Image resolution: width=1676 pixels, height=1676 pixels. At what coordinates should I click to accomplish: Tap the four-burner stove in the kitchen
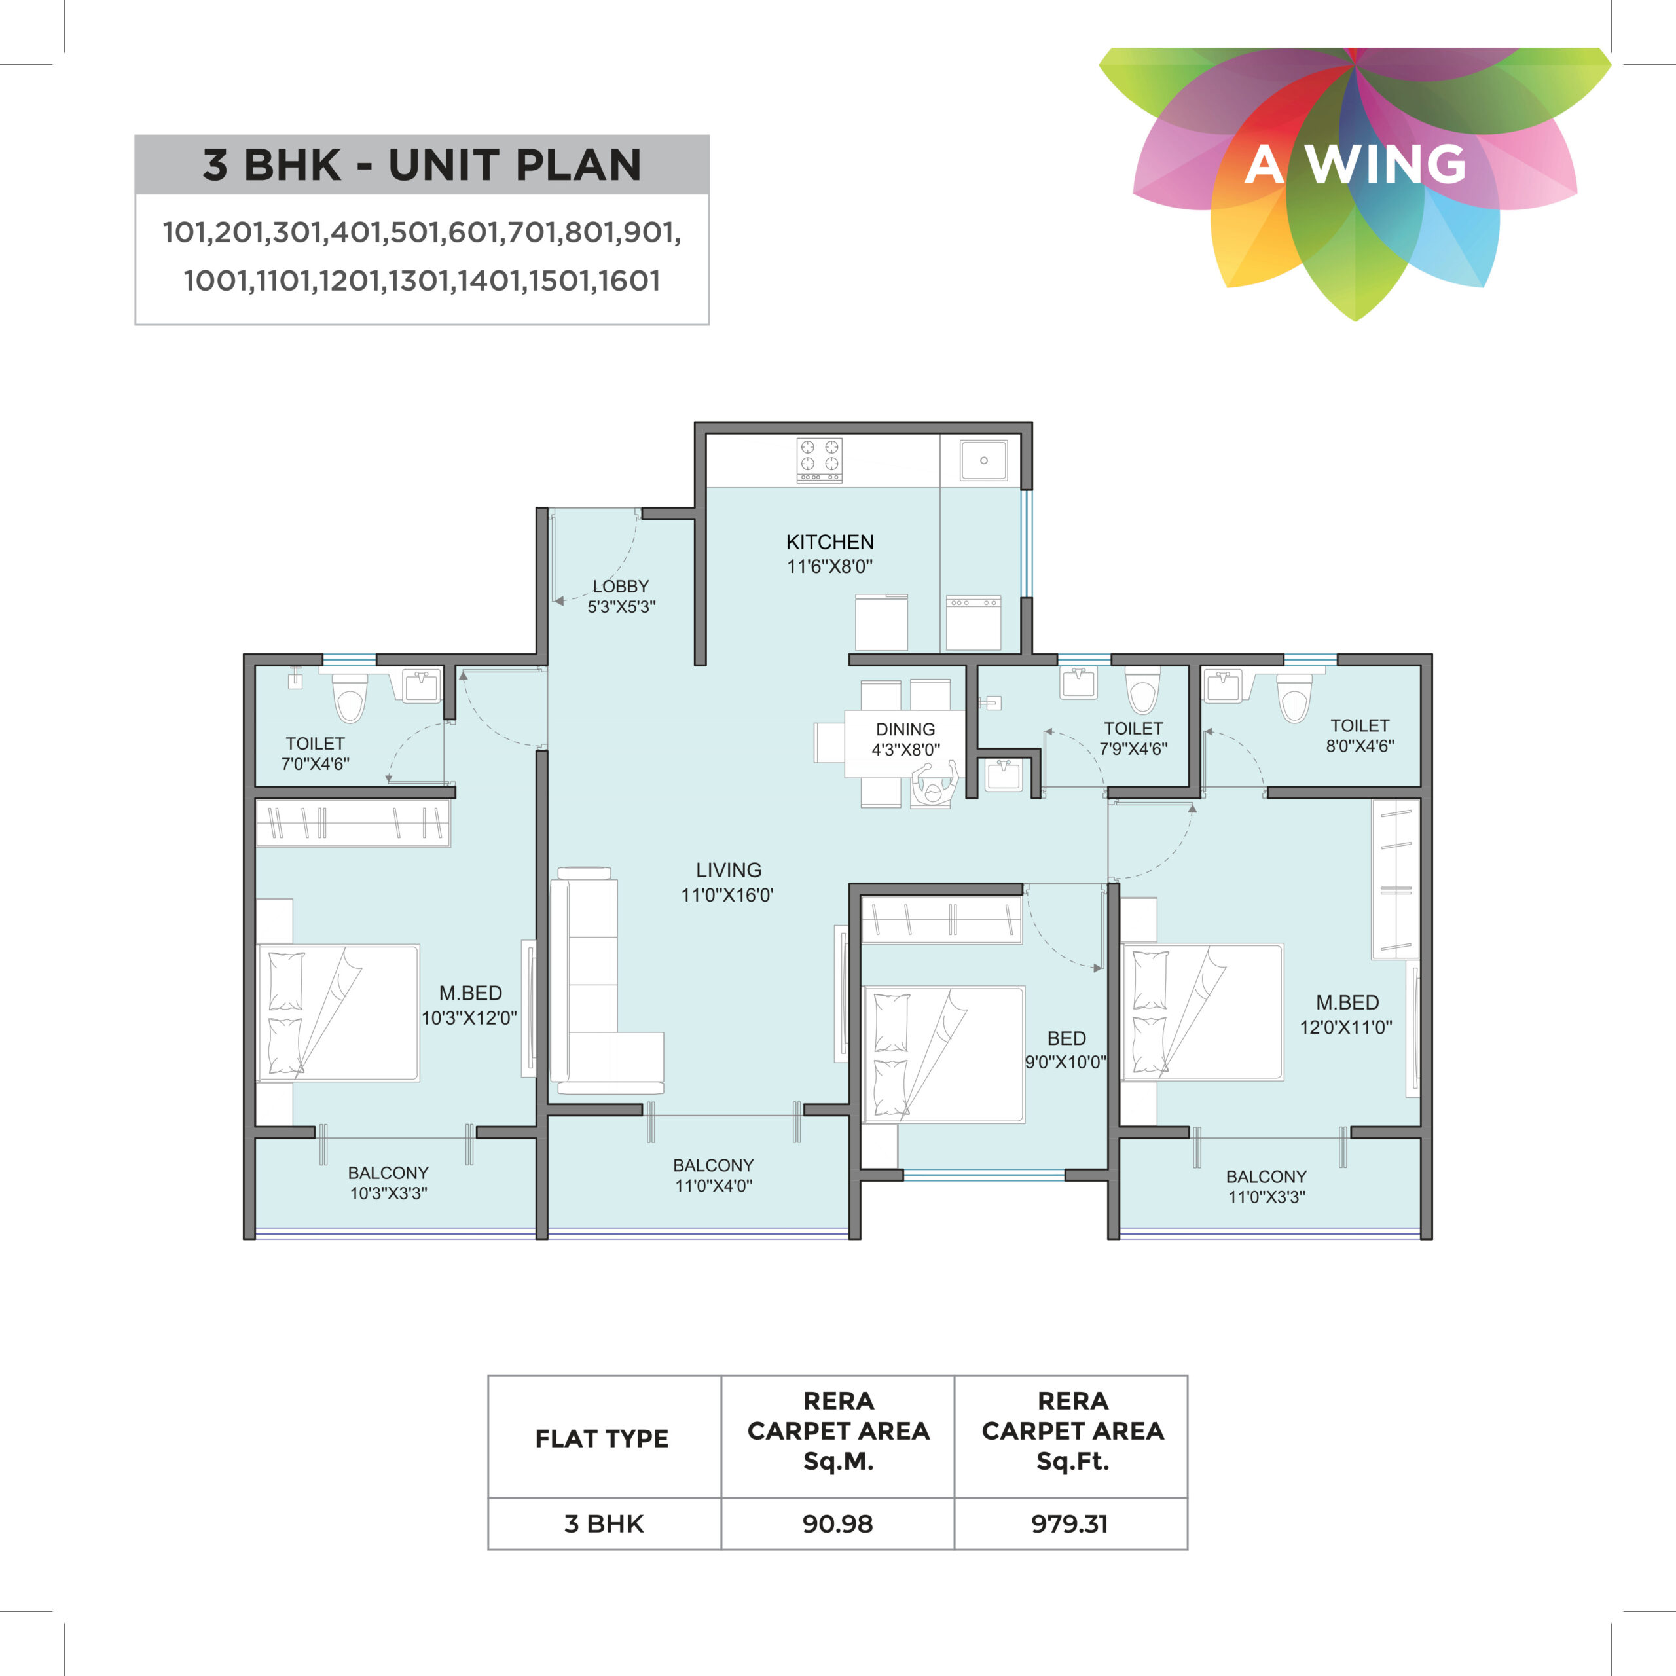click(819, 460)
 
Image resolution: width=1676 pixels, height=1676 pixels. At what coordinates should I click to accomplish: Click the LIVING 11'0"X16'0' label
click(728, 883)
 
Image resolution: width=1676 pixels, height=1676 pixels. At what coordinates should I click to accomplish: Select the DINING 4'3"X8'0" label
click(905, 739)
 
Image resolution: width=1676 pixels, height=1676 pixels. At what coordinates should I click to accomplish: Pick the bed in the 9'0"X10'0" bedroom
click(944, 1053)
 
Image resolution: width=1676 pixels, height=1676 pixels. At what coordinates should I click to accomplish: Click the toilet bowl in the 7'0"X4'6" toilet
click(350, 699)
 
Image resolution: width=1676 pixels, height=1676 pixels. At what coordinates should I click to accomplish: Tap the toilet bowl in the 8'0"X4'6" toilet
click(1294, 699)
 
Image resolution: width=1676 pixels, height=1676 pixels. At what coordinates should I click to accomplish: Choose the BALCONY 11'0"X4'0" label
click(713, 1175)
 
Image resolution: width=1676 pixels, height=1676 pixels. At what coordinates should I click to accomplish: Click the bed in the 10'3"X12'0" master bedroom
click(338, 1012)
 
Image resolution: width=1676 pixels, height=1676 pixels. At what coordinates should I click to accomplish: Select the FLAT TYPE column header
click(602, 1438)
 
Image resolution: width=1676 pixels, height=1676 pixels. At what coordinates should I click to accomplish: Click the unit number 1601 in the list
click(629, 281)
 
